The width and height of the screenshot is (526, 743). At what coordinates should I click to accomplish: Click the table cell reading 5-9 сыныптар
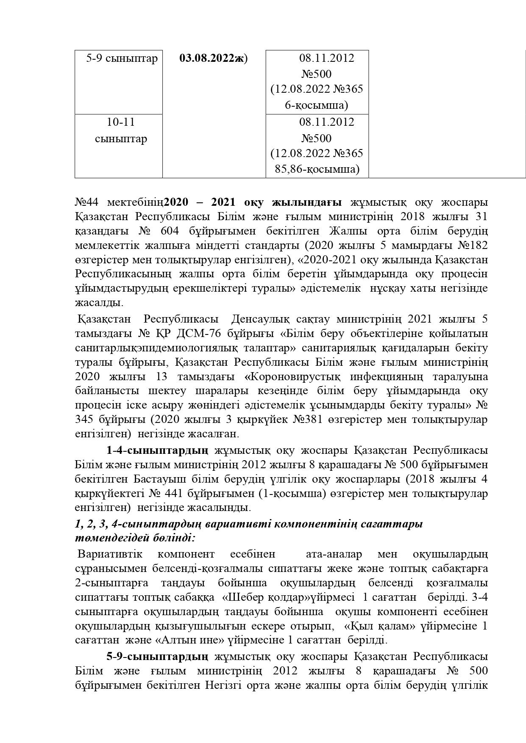(x=122, y=58)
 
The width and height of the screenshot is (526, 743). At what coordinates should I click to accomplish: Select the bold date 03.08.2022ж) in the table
(x=213, y=58)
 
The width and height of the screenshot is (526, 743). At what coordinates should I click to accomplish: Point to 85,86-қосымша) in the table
(x=317, y=169)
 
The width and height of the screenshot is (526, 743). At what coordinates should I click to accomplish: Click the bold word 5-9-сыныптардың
(x=157, y=657)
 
